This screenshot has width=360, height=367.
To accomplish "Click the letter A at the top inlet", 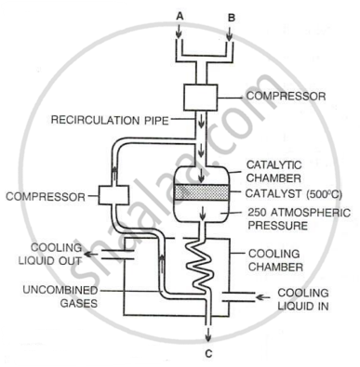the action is pos(180,16).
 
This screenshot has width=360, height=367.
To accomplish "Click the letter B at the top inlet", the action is pos(232,18).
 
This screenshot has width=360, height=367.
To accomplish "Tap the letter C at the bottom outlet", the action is pos(208,353).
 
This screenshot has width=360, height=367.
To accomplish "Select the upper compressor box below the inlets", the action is pos(200,98).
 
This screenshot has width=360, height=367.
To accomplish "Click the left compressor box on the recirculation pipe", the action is pos(113,195).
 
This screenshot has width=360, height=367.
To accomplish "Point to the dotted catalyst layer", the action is pos(201,192).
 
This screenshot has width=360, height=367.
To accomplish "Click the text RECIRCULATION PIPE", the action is pos(110,120).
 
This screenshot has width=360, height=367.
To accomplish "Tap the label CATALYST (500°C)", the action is pos(293,193).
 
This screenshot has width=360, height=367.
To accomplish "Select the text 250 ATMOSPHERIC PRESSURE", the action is pos(299,218).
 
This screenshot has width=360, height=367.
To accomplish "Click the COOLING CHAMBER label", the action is pos(275,260).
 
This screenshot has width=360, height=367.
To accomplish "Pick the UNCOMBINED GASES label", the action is pos(60,296).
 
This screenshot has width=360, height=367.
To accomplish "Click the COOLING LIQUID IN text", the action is pos(303,299).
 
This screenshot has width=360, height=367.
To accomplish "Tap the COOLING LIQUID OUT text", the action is pos(50,254).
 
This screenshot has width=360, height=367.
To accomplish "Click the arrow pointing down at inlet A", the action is pos(179,32).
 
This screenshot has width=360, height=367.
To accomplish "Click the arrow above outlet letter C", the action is pos(208,334).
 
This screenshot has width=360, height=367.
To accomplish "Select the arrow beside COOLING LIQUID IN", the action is pos(264,297).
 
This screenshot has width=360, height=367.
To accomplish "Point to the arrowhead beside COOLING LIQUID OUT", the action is pos(88,255).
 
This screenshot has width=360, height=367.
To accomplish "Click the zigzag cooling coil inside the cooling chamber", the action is pos(200,265).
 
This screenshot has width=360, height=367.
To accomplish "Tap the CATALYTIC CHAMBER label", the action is pos(273,171).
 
